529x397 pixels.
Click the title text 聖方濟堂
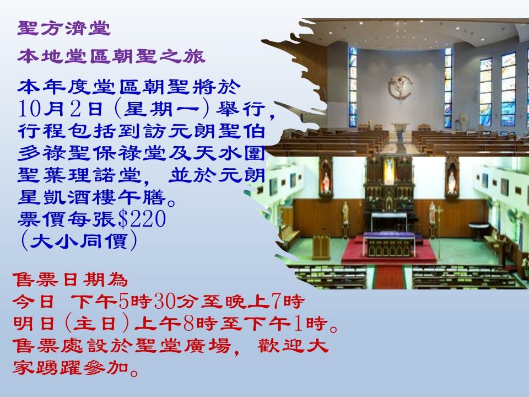pos(64,27)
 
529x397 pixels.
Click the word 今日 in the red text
pos(33,302)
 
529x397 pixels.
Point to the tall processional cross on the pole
pos(433,221)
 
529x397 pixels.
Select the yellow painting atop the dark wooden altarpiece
pos(389,168)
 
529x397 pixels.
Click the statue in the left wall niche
pos(325,179)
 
